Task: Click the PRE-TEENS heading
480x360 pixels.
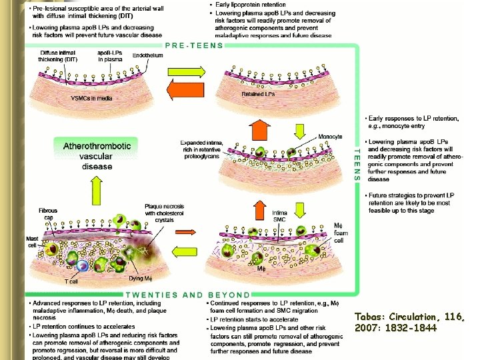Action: pos(193,46)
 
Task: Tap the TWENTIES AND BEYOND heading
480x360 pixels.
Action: pos(189,294)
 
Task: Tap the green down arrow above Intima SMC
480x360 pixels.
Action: pos(299,210)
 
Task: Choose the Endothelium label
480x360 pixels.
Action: pos(147,55)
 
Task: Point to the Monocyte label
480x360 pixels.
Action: pos(329,137)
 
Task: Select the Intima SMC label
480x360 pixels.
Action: pos(281,216)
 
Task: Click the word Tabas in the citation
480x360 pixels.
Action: pos(369,317)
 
